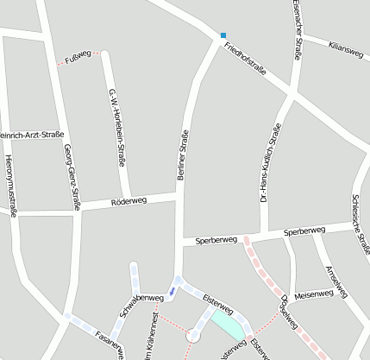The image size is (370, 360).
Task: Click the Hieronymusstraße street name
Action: [9, 186]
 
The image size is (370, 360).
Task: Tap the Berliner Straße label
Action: [182, 155]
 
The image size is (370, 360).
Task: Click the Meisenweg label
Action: [313, 294]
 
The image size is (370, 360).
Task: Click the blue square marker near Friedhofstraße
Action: [223, 35]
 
